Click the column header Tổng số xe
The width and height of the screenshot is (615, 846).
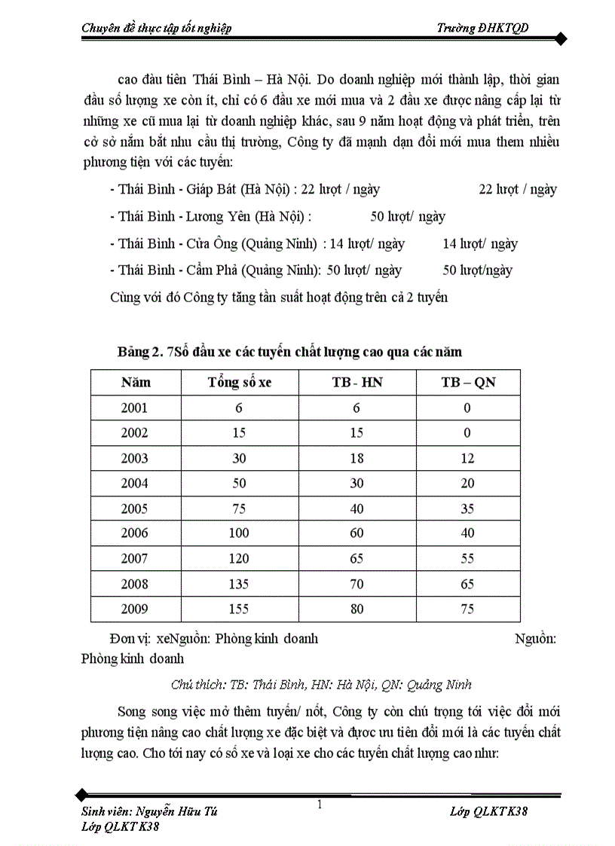pos(240,382)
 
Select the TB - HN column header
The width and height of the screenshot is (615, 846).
pos(357,382)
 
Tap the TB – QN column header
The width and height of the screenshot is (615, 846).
pos(468,382)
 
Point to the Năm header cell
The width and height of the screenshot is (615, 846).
pos(136,382)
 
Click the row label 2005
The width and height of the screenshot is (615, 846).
pos(135,509)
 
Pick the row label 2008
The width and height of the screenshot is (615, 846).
pos(135,584)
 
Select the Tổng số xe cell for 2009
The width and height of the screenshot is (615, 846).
pos(240,609)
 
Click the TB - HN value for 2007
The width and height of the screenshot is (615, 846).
pos(357,558)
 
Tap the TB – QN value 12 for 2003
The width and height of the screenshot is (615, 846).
pos(468,458)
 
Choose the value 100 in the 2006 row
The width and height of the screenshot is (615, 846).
pos(240,533)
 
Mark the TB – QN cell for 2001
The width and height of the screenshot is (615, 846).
pos(468,408)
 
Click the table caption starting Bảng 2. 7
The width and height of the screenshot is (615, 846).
pos(289,352)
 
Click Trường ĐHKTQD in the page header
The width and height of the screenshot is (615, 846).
pos(482,28)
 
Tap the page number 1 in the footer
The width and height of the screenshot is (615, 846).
pos(320,805)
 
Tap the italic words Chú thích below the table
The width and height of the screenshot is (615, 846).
pos(197,684)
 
